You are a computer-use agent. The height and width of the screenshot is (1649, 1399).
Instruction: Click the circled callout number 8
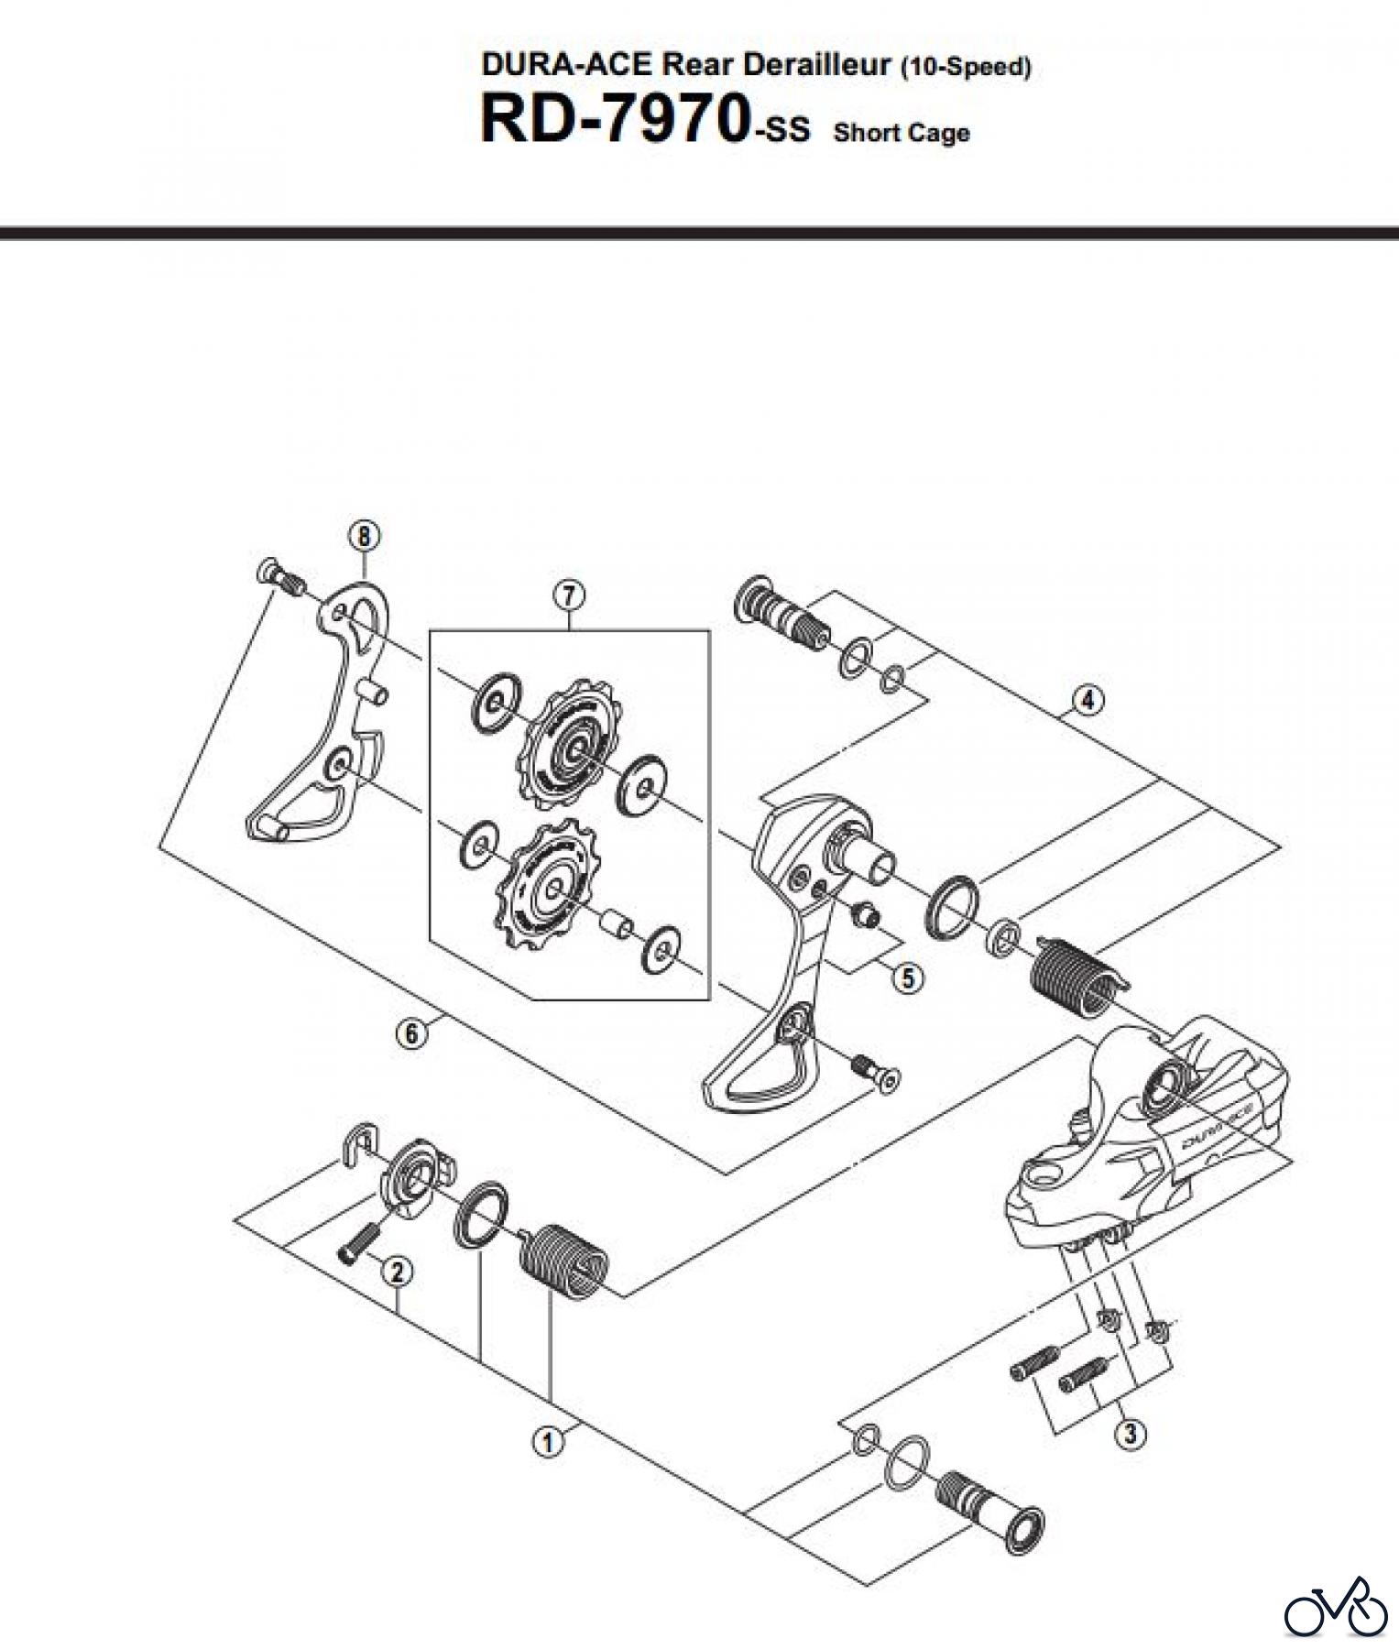pyautogui.click(x=364, y=535)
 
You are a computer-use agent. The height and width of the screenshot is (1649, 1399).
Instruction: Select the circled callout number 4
pyautogui.click(x=1088, y=701)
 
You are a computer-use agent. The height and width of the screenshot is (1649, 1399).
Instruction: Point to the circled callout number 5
pyautogui.click(x=907, y=977)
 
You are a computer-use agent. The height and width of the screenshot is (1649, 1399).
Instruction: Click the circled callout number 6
pyautogui.click(x=411, y=1034)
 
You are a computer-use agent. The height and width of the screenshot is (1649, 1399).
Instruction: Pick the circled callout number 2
pyautogui.click(x=397, y=1272)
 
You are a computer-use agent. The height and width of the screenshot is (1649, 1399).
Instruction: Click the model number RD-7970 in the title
pyautogui.click(x=612, y=122)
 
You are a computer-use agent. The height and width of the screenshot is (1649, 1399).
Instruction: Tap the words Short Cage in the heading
pyautogui.click(x=902, y=134)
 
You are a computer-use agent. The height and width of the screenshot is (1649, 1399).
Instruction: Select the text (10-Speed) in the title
pyautogui.click(x=966, y=67)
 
